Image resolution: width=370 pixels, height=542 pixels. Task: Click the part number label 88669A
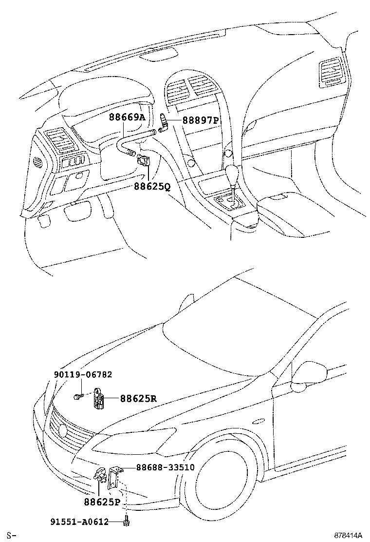127,117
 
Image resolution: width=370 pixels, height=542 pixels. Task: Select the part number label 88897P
201,119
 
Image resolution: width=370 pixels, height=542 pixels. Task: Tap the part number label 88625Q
151,187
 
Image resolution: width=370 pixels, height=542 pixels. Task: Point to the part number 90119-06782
83,375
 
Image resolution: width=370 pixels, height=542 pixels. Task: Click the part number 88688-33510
165,467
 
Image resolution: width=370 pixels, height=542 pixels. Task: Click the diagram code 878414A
348,536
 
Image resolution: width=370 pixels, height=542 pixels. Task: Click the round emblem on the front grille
62,430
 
